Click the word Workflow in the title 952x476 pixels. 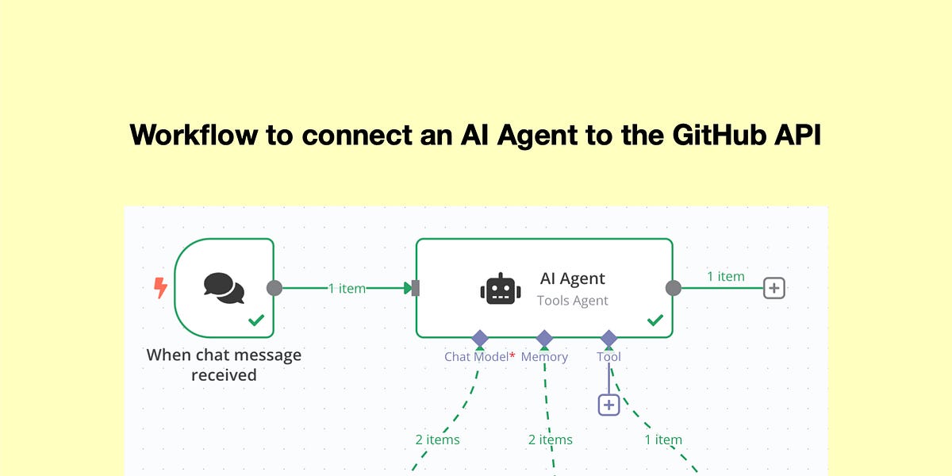pyautogui.click(x=194, y=135)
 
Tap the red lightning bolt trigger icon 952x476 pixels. pyautogui.click(x=160, y=288)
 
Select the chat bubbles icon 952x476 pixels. pyautogui.click(x=224, y=288)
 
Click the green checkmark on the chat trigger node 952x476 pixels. pyautogui.click(x=256, y=320)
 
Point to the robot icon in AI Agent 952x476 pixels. pyautogui.click(x=501, y=289)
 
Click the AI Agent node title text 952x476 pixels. pyautogui.click(x=573, y=278)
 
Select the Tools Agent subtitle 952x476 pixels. pyautogui.click(x=573, y=301)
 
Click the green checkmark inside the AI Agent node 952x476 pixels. pyautogui.click(x=655, y=320)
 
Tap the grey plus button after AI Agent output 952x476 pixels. pyautogui.click(x=774, y=288)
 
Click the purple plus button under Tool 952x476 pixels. pyautogui.click(x=608, y=405)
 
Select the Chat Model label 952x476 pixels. pyautogui.click(x=477, y=356)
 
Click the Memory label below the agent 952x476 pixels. pyautogui.click(x=544, y=356)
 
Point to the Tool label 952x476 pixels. pyautogui.click(x=608, y=356)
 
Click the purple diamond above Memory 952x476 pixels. pyautogui.click(x=544, y=338)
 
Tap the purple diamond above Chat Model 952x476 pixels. pyautogui.click(x=480, y=338)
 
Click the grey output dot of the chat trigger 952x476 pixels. pyautogui.click(x=274, y=288)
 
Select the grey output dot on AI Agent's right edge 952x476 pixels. pyautogui.click(x=674, y=288)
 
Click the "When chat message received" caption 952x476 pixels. pyautogui.click(x=224, y=365)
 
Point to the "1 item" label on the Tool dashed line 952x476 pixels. pyautogui.click(x=663, y=440)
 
